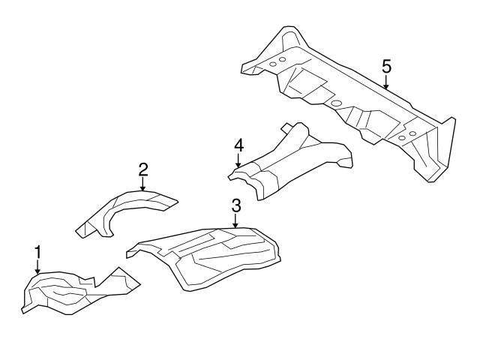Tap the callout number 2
[142, 169]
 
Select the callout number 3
[235, 205]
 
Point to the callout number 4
[238, 144]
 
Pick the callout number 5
[386, 66]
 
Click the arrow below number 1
[37, 267]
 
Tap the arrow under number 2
[142, 184]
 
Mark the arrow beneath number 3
[235, 220]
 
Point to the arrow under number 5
[386, 82]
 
